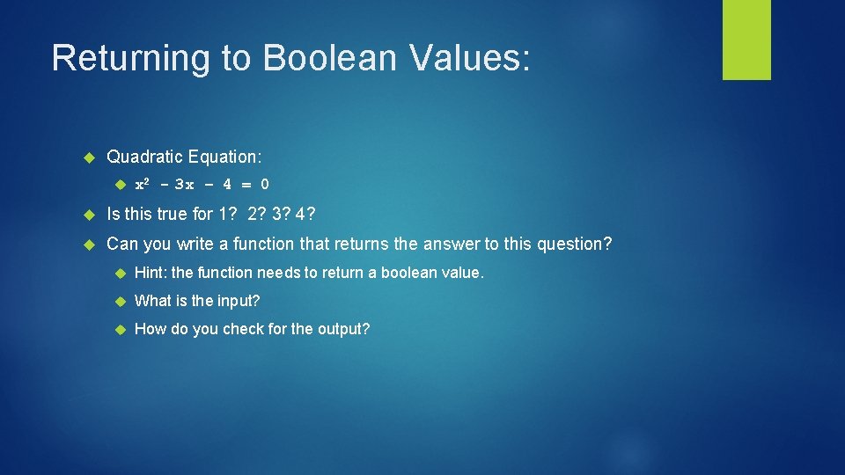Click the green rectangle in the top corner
pos(746,40)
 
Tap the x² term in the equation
pos(143,184)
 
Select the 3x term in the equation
pos(185,185)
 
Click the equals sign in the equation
pos(246,185)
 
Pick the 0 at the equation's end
pos(265,185)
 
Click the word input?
pos(237,301)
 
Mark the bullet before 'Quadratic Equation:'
pos(88,157)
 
